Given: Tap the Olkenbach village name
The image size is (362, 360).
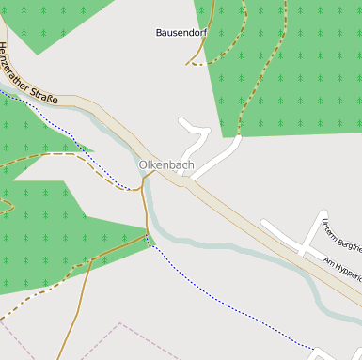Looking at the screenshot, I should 166,165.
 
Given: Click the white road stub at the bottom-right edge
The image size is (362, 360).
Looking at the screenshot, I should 329,353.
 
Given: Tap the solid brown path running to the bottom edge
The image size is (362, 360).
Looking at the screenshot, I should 75,310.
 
